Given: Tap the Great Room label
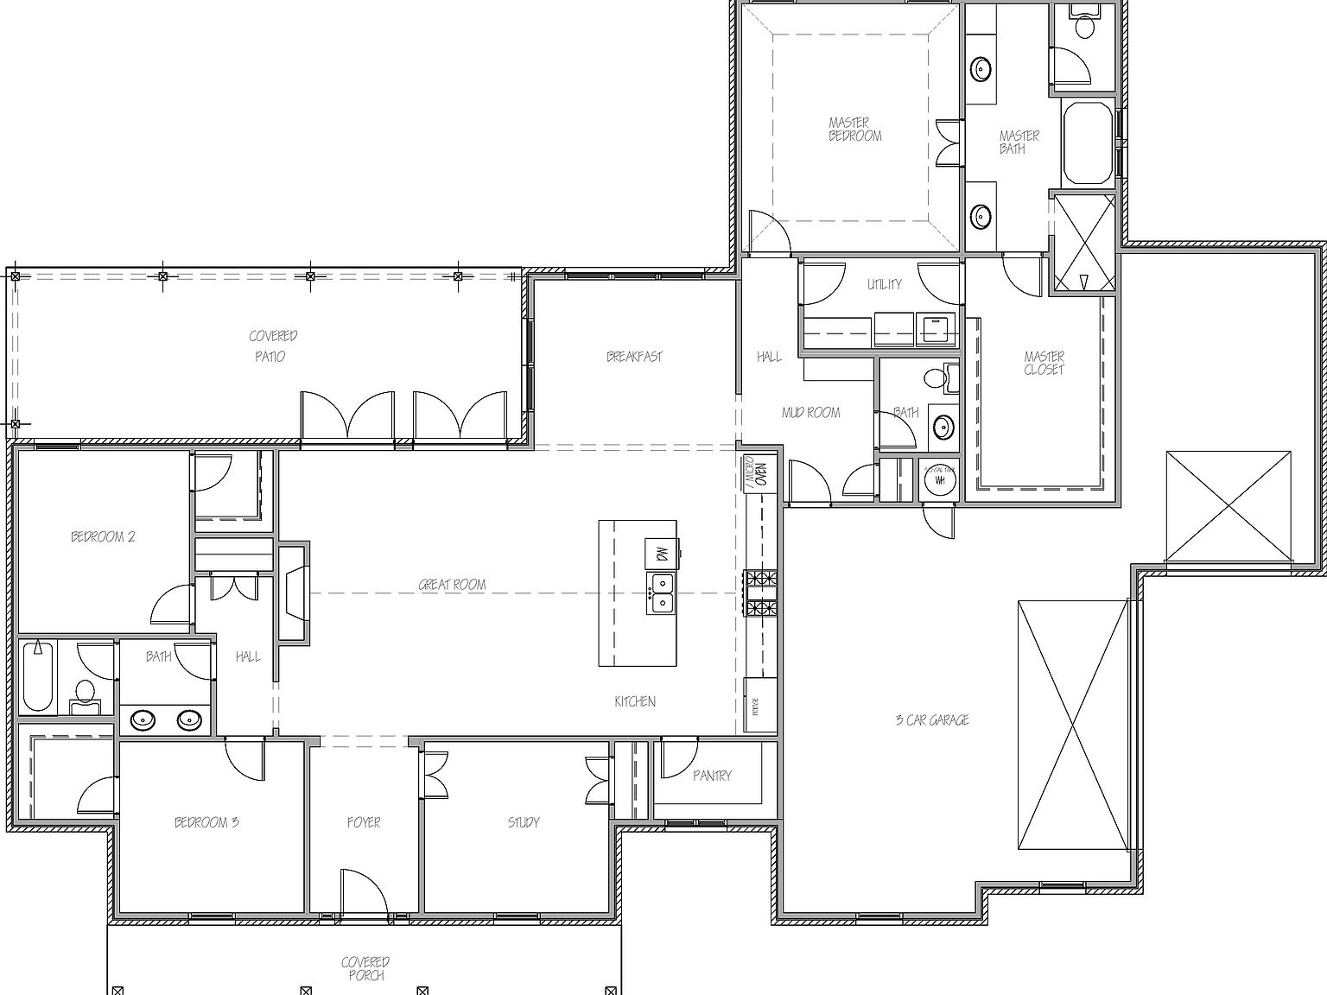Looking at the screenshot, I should [452, 585].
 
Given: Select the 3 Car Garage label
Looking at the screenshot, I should [931, 719].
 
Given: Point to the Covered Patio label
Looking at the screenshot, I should [273, 345].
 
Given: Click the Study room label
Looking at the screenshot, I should [524, 822].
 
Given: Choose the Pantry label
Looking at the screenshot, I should [712, 776].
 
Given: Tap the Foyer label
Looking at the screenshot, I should [364, 822].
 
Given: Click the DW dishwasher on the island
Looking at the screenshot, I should [662, 554].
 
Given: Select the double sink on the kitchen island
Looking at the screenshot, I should [662, 593].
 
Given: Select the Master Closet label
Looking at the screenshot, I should [1044, 363].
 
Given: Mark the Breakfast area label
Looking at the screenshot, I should [634, 356].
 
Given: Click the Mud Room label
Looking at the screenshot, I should [810, 413].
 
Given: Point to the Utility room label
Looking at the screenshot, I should [884, 284].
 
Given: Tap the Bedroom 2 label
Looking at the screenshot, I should [103, 536].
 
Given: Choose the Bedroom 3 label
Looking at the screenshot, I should [206, 822].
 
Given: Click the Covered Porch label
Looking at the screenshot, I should [365, 968].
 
